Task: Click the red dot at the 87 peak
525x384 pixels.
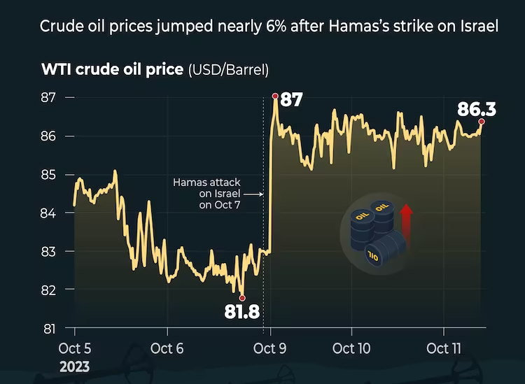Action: click(x=275, y=95)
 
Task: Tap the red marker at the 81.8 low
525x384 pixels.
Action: click(x=242, y=298)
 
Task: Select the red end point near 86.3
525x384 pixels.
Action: click(x=482, y=121)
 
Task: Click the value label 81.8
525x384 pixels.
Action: click(x=242, y=312)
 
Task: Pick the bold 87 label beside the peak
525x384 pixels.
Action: click(x=291, y=100)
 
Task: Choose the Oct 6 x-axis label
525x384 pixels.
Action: click(x=166, y=348)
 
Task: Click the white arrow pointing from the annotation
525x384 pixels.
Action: click(x=253, y=194)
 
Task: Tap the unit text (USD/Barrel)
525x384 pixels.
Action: click(x=228, y=69)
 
